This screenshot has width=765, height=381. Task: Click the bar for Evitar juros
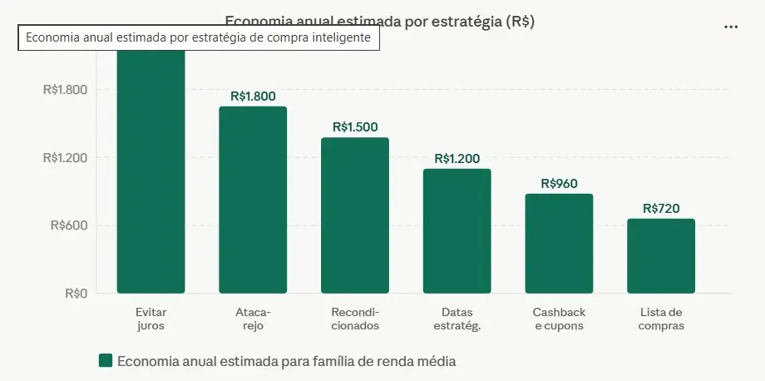[x=151, y=175]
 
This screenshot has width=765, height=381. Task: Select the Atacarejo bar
[x=253, y=200]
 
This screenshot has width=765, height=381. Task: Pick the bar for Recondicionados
[x=355, y=215]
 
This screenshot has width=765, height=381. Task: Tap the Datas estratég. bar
[x=457, y=231]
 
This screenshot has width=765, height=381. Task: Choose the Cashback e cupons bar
[x=559, y=244]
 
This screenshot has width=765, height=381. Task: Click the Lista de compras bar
[x=661, y=256]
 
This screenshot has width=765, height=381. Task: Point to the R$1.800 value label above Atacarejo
[x=253, y=96]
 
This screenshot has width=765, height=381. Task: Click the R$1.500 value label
[x=355, y=127]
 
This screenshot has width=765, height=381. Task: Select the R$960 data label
[x=559, y=183]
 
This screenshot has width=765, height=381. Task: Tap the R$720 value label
[x=661, y=208]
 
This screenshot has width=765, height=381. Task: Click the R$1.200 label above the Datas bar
[x=457, y=158]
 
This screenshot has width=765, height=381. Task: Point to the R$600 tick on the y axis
[x=70, y=225]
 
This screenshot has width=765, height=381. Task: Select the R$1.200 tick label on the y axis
[x=65, y=157]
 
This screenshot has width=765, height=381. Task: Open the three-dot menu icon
[x=731, y=27]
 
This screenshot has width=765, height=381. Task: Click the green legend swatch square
[x=106, y=360]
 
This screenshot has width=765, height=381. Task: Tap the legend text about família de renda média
[x=287, y=361]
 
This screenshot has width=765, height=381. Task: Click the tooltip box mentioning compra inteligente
[x=199, y=38]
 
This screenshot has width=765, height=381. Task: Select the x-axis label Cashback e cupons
[x=559, y=319]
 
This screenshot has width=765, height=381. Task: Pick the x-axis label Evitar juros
[x=151, y=319]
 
